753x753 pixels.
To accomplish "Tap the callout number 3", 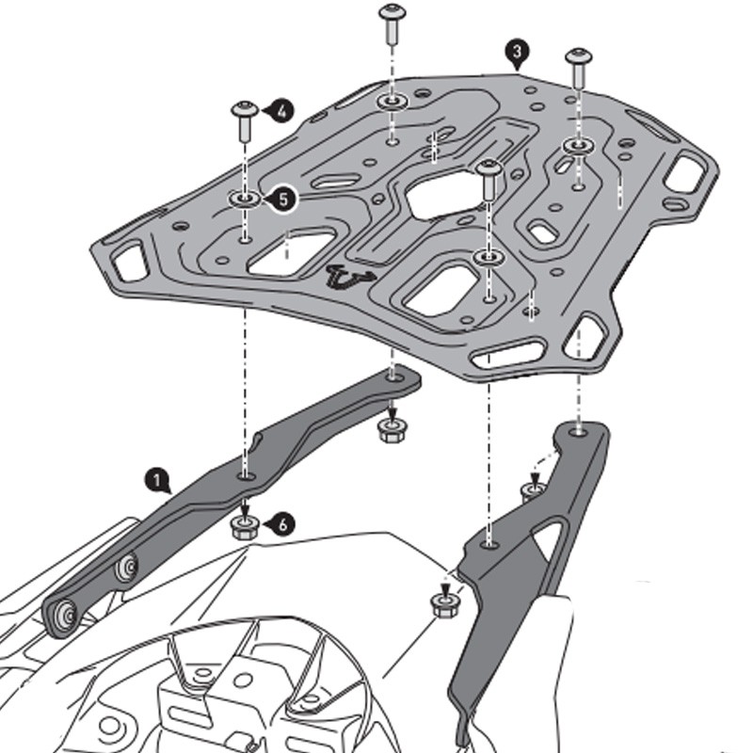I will [x=515, y=53].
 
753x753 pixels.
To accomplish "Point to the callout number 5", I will [x=285, y=198].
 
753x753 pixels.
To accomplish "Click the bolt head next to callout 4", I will [x=244, y=110].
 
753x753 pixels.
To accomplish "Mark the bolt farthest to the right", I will [x=578, y=59].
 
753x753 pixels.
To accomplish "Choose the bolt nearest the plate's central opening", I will [x=487, y=170].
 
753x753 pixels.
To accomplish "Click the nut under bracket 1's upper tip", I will [x=389, y=430].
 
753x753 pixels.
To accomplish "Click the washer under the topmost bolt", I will [x=391, y=100].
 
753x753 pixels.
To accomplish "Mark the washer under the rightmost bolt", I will [x=577, y=146].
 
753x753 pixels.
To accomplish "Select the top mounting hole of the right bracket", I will [x=578, y=434].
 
